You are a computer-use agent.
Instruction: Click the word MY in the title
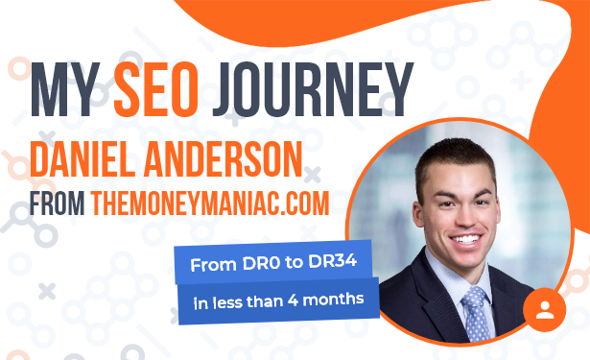[x=65, y=89]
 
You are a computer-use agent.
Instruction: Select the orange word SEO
[x=156, y=89]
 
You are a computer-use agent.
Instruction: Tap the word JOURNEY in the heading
[x=313, y=89]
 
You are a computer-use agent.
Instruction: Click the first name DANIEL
[x=83, y=159]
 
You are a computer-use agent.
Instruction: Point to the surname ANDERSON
[x=224, y=159]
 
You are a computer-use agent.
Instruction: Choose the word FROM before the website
[x=58, y=204]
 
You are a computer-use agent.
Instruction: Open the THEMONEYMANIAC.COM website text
[x=210, y=204]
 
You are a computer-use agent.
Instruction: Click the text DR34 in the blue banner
[x=332, y=261]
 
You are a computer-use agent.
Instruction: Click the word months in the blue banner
[x=333, y=299]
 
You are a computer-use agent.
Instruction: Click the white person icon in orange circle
[x=545, y=310]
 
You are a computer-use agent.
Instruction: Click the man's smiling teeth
[x=466, y=239]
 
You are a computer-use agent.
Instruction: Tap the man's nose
[x=463, y=217]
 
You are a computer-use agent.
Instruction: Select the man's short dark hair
[x=457, y=158]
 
